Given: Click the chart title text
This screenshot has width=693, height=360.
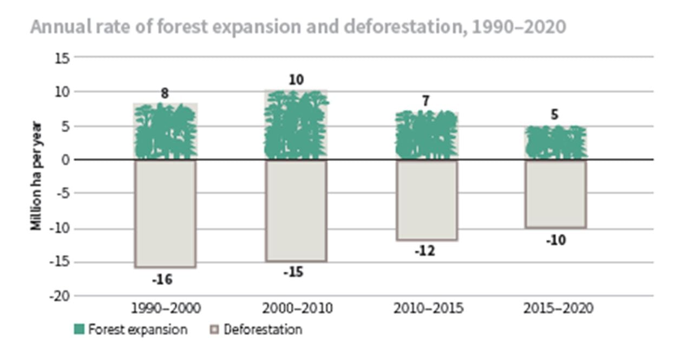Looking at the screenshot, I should click(x=298, y=27).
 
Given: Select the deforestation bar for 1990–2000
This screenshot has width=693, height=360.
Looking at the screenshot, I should click(x=165, y=213).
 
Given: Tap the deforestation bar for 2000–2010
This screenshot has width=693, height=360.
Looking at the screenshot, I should click(x=296, y=211).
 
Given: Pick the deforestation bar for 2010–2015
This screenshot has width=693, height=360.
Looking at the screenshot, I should click(x=427, y=200).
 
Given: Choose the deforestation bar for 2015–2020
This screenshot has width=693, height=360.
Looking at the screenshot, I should click(x=556, y=193).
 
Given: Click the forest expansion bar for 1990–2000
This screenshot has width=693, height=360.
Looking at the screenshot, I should click(x=165, y=132).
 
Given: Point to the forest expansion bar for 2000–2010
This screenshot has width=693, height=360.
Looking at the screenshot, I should click(x=296, y=125).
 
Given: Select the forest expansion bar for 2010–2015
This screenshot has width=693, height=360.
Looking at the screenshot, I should click(x=427, y=135).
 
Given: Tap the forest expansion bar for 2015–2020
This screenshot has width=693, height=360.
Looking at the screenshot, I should click(x=556, y=143).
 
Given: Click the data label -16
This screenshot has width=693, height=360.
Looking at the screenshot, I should click(x=161, y=280).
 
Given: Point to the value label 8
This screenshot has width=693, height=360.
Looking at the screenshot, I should click(x=165, y=94).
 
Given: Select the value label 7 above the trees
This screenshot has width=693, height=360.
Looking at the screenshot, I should click(x=426, y=101).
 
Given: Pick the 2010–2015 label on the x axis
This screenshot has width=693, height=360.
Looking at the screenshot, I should click(x=428, y=309).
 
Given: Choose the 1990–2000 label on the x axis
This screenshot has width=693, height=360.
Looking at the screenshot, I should click(x=166, y=309).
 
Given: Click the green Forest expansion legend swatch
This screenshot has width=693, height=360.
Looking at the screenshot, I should click(x=79, y=329).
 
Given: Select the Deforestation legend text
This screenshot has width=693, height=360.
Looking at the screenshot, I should click(x=263, y=329).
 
